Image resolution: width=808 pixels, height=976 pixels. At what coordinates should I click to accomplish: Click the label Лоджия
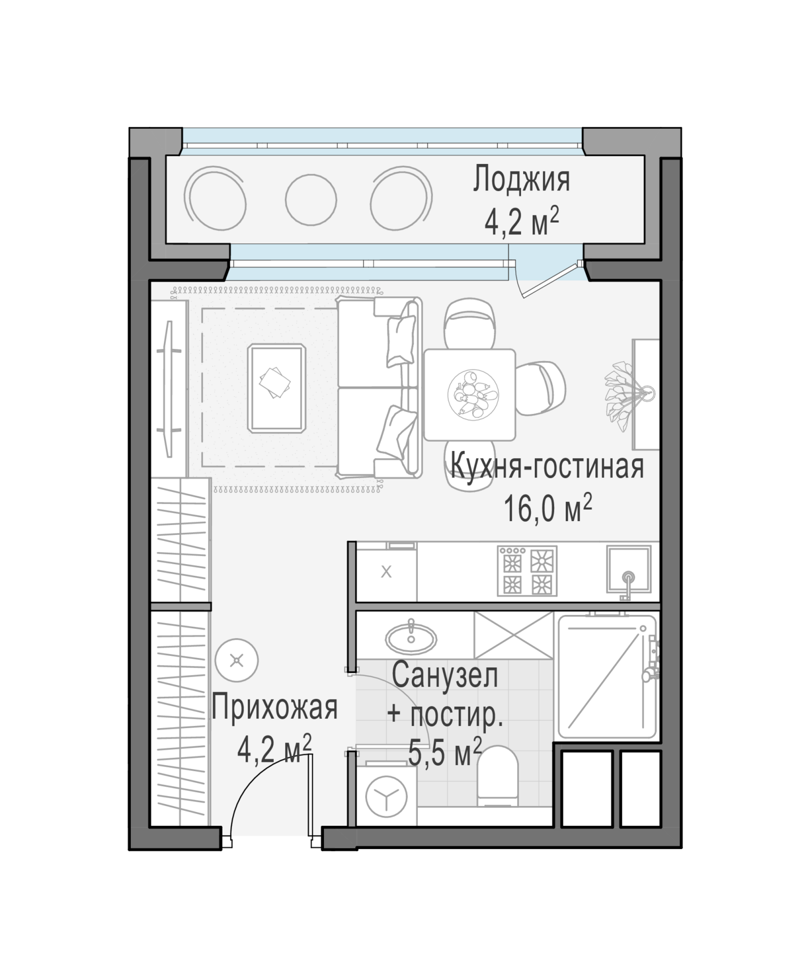pos(521,180)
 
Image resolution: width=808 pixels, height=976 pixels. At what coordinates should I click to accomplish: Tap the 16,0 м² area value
pos(547,508)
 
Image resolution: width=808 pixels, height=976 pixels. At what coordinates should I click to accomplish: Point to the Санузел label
pos(445,676)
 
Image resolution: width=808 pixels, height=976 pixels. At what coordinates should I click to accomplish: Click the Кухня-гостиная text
pos(546,466)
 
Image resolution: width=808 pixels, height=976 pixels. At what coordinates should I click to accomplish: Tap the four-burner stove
pos(527,570)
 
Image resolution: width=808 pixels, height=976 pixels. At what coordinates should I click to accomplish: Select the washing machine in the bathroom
pos(386,797)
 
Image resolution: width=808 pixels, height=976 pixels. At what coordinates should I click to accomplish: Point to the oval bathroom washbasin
pos(411,638)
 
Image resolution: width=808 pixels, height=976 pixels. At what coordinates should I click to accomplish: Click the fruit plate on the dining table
pos(473,394)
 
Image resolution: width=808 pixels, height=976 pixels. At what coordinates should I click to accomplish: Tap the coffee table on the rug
pos(277,388)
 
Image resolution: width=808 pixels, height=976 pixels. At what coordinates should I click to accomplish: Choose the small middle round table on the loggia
pos(311,200)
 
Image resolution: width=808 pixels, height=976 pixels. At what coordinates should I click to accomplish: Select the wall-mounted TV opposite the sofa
pos(169,389)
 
